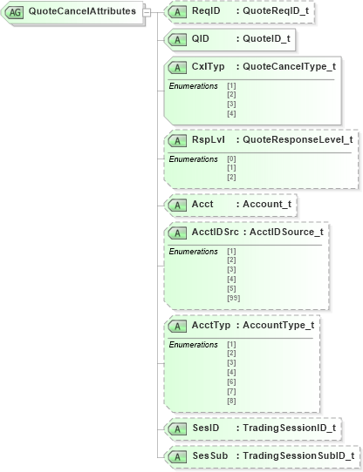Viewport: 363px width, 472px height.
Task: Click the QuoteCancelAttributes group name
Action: (82, 11)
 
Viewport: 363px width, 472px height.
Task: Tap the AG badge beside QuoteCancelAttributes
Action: (15, 11)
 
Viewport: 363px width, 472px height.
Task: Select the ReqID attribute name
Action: (206, 11)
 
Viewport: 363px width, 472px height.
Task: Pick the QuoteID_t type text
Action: (265, 39)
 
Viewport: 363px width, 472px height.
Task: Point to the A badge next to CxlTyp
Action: (177, 67)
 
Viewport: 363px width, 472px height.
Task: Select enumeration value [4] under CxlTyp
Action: (231, 113)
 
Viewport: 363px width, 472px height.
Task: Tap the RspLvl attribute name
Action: (208, 138)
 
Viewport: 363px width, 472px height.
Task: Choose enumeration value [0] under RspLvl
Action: (231, 158)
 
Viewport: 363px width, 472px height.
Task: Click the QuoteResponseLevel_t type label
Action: (298, 138)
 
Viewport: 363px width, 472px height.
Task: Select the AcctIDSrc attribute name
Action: (214, 232)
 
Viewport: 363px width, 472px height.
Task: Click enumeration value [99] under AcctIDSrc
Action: (233, 298)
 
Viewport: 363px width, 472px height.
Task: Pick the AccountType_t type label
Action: (277, 325)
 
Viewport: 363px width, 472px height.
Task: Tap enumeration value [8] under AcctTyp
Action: (231, 400)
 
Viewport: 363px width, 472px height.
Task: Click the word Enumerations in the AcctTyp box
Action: (193, 345)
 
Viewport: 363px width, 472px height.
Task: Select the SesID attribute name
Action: (205, 428)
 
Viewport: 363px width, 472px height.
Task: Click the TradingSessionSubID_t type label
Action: (298, 455)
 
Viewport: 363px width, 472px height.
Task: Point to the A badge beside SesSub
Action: (177, 455)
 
